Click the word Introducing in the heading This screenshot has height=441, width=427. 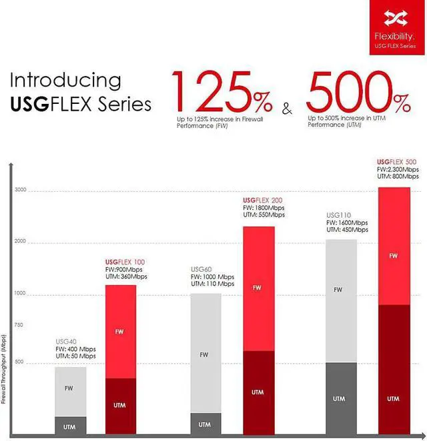click(x=65, y=80)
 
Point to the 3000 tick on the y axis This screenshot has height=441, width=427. click(x=20, y=191)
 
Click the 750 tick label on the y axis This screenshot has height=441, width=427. click(x=18, y=325)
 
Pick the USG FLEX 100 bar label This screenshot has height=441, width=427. click(x=125, y=262)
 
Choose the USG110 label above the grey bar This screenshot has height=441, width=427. click(x=338, y=215)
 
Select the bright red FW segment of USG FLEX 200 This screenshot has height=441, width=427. click(x=258, y=288)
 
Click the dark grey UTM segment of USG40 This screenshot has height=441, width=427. click(x=70, y=425)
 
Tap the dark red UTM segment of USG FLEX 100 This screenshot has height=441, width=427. click(x=120, y=405)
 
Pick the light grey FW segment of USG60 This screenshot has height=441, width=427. click(x=204, y=353)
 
